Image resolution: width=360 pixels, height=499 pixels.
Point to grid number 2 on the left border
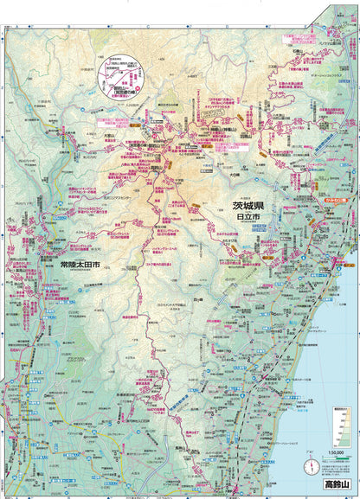[x=4, y=184]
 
